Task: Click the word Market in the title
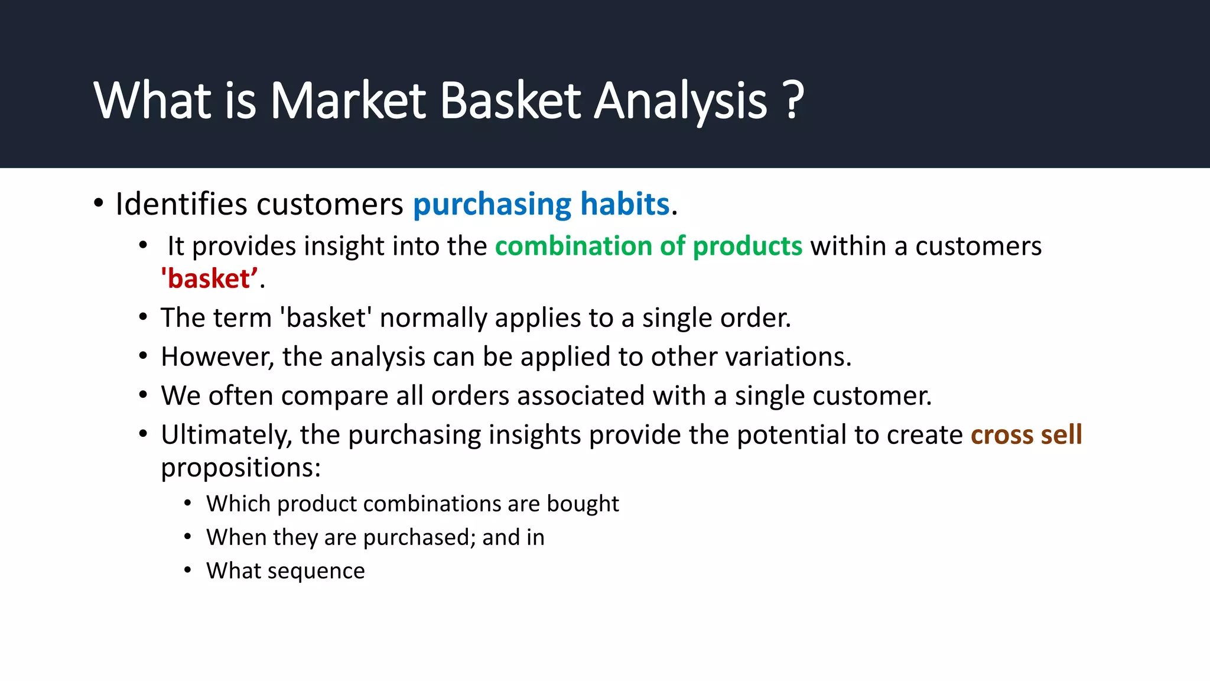coord(347,100)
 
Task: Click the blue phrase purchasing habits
coord(541,205)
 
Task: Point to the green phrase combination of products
coord(648,246)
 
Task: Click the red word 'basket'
coord(210,279)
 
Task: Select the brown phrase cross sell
coord(1026,435)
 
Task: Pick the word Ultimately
coord(226,435)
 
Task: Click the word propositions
coord(240,468)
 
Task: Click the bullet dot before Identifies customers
coord(99,204)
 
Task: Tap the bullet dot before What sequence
coord(187,570)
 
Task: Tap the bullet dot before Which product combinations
coord(187,504)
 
